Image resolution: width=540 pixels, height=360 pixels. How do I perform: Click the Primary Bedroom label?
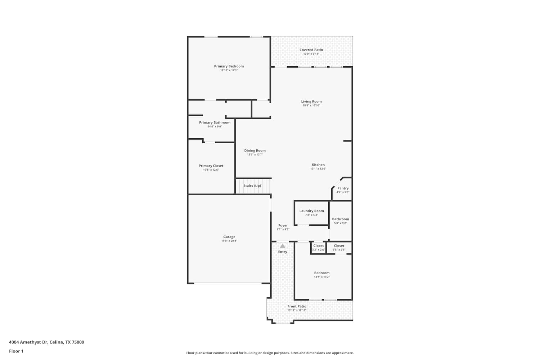coord(229,66)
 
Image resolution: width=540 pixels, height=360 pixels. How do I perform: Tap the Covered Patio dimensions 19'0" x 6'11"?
coord(311,54)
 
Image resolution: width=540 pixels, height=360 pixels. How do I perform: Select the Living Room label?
coord(311,102)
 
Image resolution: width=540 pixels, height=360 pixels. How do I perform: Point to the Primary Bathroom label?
coord(215,122)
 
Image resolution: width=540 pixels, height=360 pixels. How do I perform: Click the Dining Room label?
coord(255,150)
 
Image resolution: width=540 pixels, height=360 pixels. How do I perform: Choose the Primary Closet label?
coord(211,166)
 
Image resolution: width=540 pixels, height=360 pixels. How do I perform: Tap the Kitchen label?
coord(318,165)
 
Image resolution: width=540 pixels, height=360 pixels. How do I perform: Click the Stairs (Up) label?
coord(252,186)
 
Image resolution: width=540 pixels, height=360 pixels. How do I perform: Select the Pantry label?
coord(343,188)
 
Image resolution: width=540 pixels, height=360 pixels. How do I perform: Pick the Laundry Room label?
coord(311,211)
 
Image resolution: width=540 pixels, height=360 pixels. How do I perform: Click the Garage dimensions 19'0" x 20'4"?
coord(229,240)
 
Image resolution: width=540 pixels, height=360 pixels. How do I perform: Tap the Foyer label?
coord(283,225)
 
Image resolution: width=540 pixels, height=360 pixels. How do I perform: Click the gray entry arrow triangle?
coord(283,246)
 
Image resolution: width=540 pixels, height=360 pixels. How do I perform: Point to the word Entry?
coord(283,252)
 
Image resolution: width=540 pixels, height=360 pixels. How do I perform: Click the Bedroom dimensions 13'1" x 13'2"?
coord(321,277)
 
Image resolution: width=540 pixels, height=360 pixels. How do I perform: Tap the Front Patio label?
coord(297,306)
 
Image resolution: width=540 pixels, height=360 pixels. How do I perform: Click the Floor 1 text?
coord(16,351)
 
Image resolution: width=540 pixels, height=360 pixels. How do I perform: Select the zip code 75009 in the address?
coord(78,342)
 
